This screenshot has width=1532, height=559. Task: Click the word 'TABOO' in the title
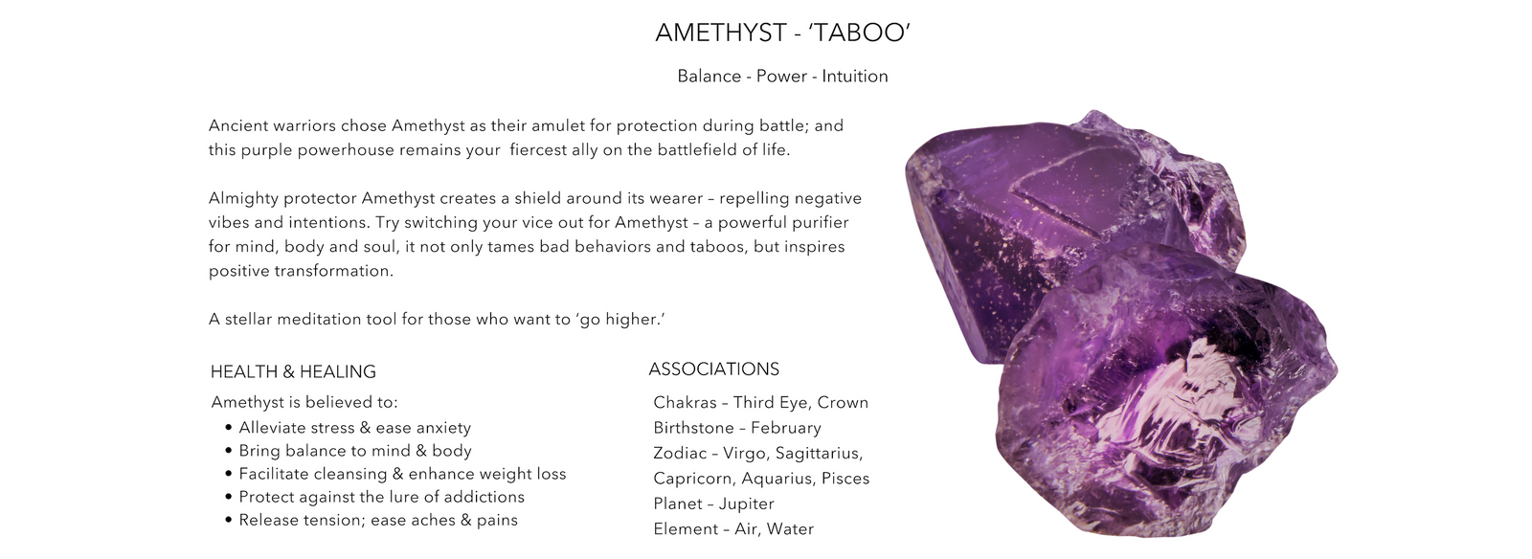pos(861,33)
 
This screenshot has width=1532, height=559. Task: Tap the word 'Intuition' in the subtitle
pos(855,76)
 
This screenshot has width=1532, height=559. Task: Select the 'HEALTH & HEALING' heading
pos(293,371)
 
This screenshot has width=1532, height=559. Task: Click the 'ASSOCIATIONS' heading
pos(714,369)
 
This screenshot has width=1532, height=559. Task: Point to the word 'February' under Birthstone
pos(786,429)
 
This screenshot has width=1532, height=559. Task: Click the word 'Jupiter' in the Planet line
pos(747,504)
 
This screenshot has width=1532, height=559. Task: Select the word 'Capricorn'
pos(692,479)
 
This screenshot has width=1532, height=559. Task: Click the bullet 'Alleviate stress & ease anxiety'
pos(355,428)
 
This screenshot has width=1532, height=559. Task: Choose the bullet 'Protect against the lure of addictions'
pos(382,497)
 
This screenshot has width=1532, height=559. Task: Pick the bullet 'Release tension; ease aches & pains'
pos(378,520)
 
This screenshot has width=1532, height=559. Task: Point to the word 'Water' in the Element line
pos(790,529)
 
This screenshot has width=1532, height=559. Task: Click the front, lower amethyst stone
pos(1162,403)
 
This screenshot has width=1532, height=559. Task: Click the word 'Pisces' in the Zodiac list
pos(845,479)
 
